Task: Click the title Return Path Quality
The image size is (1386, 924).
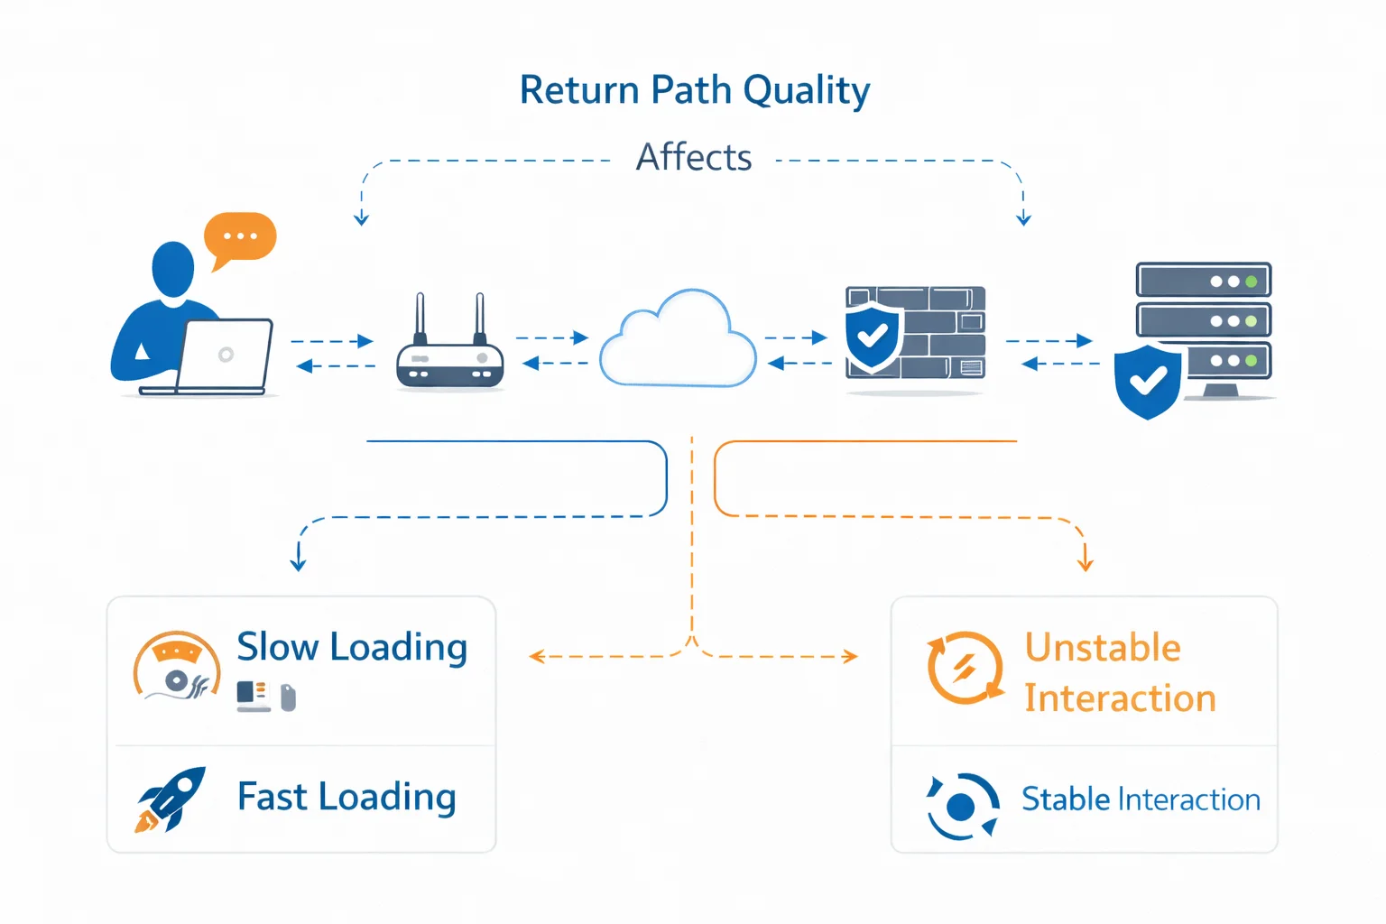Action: point(694,91)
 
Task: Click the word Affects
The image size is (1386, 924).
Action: point(693,157)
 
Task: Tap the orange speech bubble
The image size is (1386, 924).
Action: point(240,237)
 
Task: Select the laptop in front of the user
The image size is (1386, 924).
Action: point(226,356)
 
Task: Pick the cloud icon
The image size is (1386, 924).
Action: point(678,341)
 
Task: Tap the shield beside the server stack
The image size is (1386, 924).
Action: point(1147,381)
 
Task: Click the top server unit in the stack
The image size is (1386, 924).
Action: point(1203,281)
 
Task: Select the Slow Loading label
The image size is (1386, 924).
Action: point(352,647)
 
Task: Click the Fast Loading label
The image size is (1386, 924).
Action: point(346,797)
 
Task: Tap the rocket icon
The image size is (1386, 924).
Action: point(171,799)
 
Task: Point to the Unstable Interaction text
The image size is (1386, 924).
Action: point(1119,673)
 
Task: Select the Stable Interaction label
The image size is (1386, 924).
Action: point(1141,799)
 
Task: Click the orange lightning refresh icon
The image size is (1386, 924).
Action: point(965,668)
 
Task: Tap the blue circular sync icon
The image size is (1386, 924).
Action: point(962,805)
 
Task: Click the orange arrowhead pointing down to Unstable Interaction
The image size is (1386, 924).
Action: point(1085,563)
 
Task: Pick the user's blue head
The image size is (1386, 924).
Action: point(172,268)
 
